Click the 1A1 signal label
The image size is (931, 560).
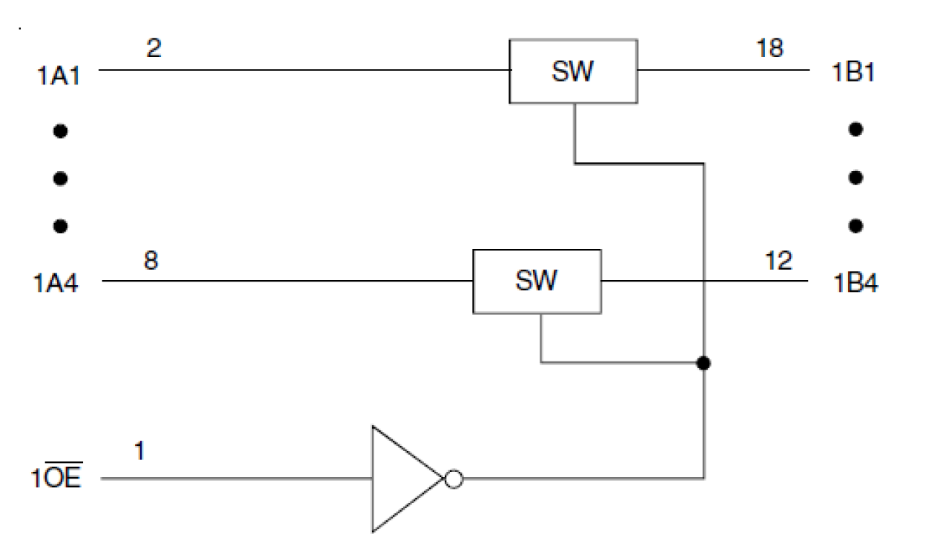coord(57,76)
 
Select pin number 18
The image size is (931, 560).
coord(769,49)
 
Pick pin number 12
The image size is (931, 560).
coord(776,261)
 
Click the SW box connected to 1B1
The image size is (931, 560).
coord(573,71)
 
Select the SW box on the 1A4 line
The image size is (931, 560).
coord(537,281)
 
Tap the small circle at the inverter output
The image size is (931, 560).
coord(454,479)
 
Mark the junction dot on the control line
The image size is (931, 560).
coord(703,363)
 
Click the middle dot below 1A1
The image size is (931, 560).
coord(61,178)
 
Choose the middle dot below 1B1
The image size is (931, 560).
coord(856,178)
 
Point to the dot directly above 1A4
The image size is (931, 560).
coord(61,225)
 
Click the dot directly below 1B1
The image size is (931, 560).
coord(856,130)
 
